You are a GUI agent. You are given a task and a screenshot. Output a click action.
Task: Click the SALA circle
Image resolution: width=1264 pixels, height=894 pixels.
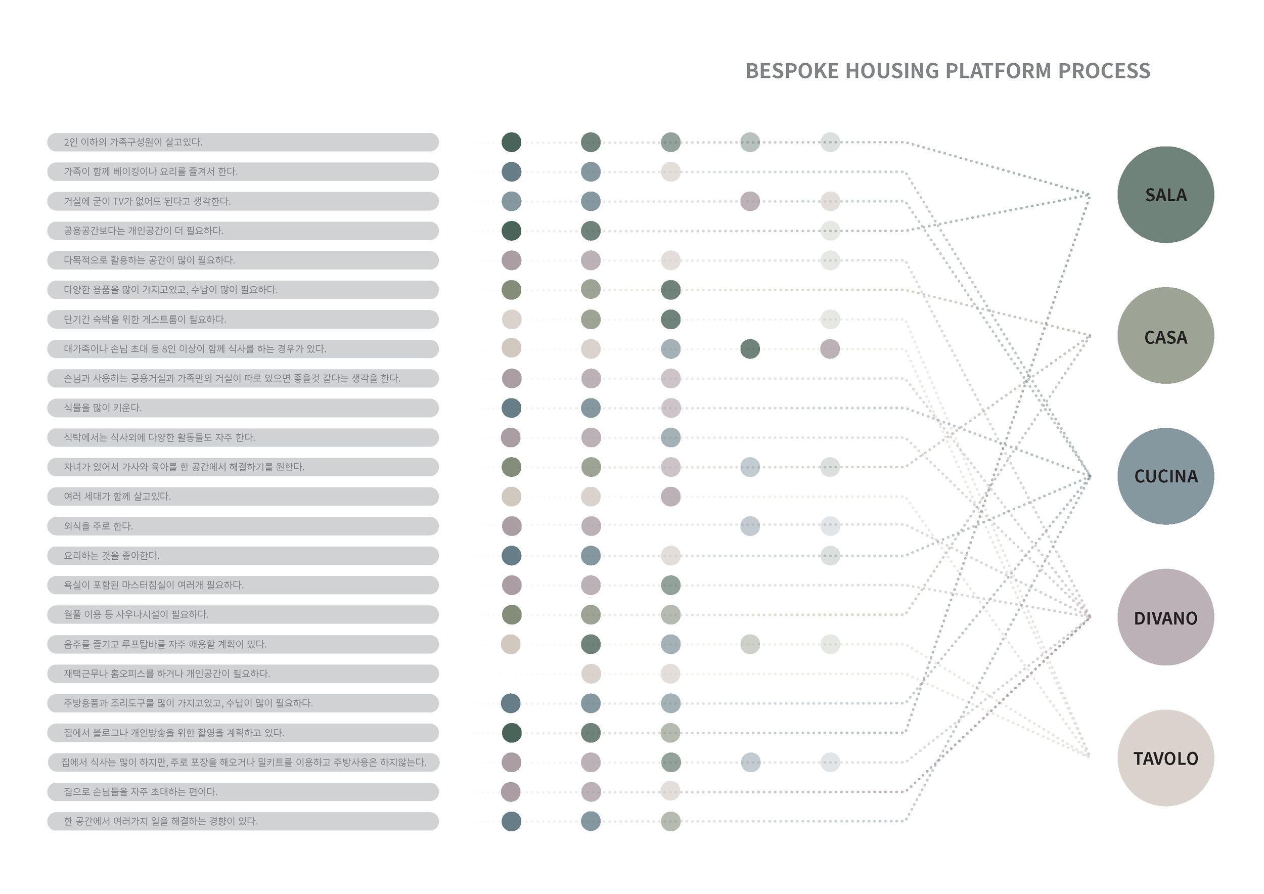[1165, 194]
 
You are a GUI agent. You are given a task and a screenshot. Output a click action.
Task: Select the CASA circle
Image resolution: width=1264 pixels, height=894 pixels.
[1165, 335]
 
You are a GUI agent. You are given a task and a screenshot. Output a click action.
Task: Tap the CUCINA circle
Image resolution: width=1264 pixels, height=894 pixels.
[1165, 476]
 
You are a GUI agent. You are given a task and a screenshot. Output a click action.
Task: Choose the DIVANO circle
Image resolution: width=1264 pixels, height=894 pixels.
[1165, 617]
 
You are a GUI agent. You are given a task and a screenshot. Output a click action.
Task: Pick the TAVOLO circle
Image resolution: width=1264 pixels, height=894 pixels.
[1165, 758]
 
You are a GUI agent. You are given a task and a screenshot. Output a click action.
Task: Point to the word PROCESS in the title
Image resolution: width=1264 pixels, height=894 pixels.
[1104, 71]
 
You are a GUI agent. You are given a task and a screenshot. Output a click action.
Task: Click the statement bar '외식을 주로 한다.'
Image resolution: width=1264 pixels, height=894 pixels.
[243, 526]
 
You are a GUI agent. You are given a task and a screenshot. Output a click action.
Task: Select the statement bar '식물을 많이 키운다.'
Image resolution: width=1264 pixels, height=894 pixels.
[243, 408]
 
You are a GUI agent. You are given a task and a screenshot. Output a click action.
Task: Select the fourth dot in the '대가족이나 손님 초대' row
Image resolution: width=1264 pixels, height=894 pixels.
[750, 348]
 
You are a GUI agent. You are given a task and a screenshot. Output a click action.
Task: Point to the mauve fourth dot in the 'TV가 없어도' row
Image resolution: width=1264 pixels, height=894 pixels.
[750, 201]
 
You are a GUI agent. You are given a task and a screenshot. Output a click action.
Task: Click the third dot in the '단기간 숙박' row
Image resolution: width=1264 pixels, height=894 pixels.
[670, 319]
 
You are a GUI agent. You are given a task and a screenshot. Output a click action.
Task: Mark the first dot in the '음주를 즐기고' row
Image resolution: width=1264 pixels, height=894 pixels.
[511, 644]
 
